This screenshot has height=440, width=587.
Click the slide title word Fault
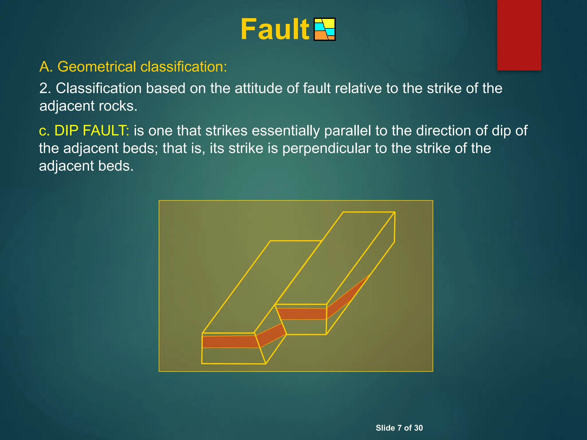[275, 30]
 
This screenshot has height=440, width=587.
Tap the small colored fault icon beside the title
[324, 30]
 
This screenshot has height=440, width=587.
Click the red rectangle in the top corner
[519, 35]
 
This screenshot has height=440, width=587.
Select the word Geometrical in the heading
[97, 67]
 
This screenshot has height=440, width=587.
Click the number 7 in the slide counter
[399, 428]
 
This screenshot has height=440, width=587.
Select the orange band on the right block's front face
[302, 314]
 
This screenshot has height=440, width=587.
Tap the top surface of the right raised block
[338, 258]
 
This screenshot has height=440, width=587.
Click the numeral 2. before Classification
[45, 88]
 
